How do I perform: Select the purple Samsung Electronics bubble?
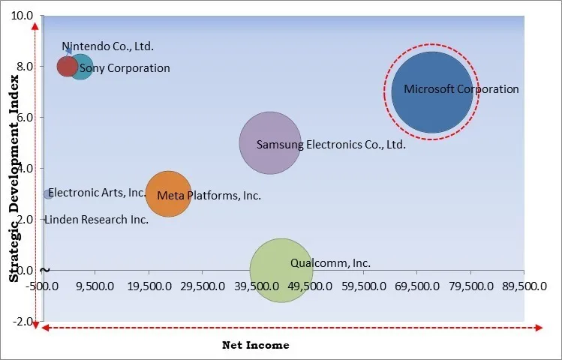pyautogui.click(x=270, y=142)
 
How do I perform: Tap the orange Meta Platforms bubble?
pyautogui.click(x=168, y=194)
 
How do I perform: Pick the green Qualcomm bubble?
pyautogui.click(x=281, y=270)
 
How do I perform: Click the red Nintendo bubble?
pyautogui.click(x=67, y=66)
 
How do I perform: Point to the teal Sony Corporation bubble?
pyautogui.click(x=82, y=67)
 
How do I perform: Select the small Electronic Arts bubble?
pyautogui.click(x=47, y=194)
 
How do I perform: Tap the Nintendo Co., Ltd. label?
pyautogui.click(x=107, y=46)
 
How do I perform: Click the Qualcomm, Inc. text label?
pyautogui.click(x=330, y=263)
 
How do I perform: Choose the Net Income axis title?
pyautogui.click(x=255, y=345)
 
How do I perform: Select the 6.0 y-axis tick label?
pyautogui.click(x=23, y=117)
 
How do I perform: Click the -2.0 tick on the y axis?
pyautogui.click(x=23, y=321)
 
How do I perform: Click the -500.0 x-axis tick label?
pyautogui.click(x=44, y=286)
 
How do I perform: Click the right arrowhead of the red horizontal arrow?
pyautogui.click(x=539, y=328)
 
